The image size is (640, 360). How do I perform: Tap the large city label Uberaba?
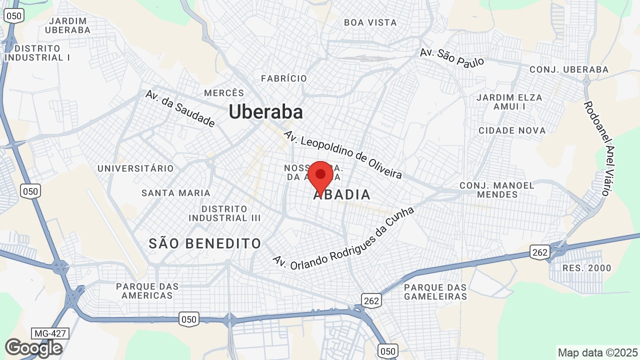(265, 112)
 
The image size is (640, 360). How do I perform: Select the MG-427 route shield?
(50, 333)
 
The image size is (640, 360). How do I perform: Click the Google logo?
(33, 348)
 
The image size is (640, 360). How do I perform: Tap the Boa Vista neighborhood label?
(370, 22)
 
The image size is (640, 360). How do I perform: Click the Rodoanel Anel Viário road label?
(598, 148)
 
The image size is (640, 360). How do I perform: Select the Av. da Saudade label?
(180, 108)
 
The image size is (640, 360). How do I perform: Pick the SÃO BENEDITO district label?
(205, 243)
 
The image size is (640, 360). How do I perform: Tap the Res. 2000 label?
(586, 268)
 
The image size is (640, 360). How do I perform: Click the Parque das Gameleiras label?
(435, 292)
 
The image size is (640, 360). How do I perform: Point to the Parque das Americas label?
(147, 291)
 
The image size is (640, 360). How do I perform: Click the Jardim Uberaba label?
(67, 25)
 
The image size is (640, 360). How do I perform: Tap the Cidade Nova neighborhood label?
(512, 130)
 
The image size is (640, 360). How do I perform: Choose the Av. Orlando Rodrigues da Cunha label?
(343, 238)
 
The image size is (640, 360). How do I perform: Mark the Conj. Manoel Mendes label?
(497, 189)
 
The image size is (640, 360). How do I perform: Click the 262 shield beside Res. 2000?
(540, 252)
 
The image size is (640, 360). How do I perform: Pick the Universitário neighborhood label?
(135, 168)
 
